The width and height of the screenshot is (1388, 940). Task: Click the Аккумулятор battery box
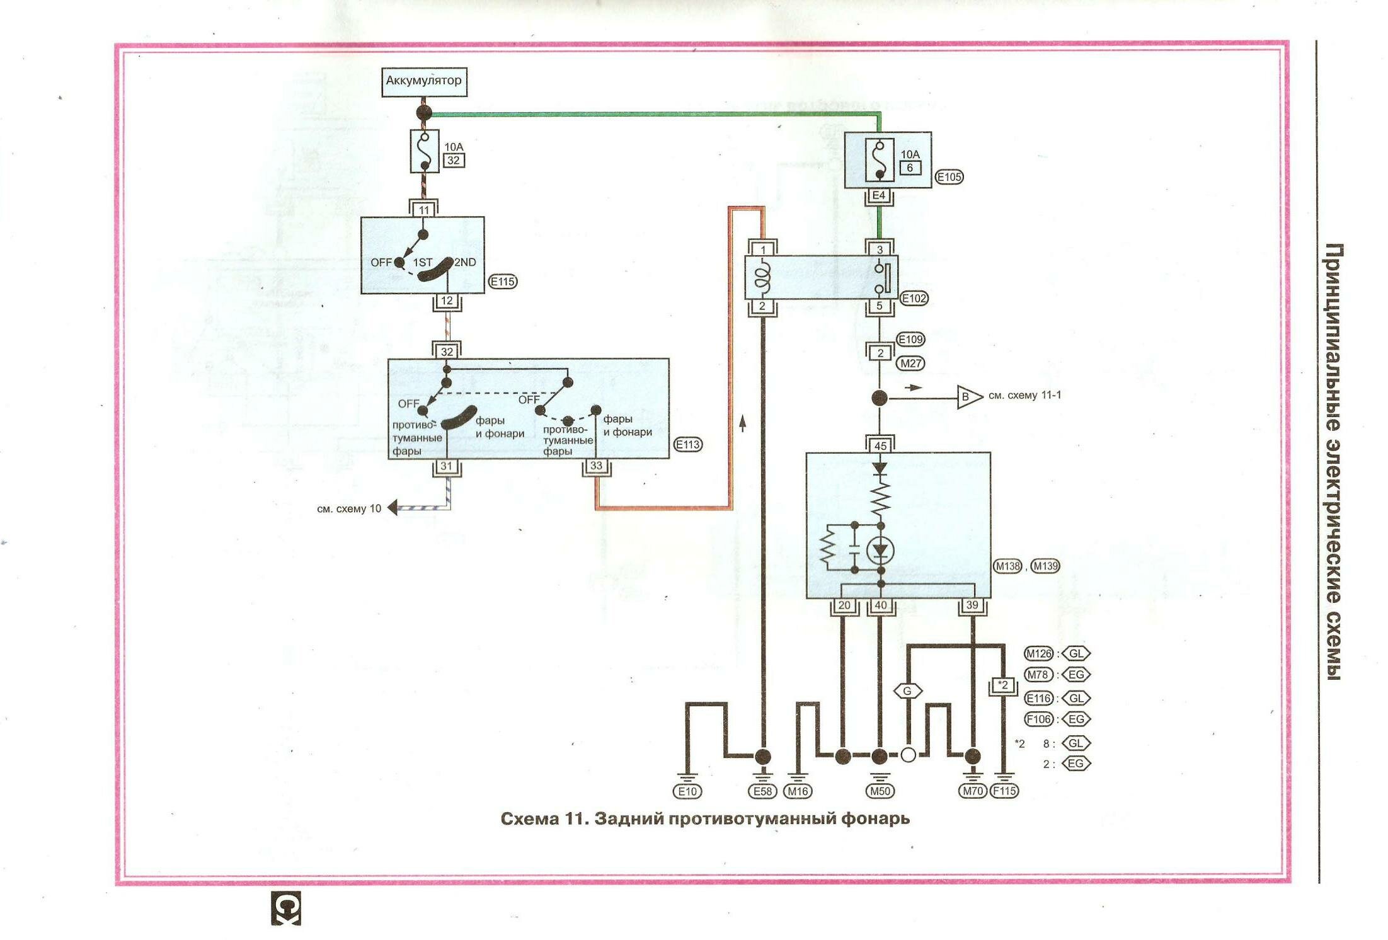pos(424,81)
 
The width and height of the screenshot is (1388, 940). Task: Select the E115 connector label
pos(503,282)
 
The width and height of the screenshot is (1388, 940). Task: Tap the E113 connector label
pos(687,444)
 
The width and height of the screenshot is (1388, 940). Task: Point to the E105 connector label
pos(949,177)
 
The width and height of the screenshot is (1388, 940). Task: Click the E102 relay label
pos(914,298)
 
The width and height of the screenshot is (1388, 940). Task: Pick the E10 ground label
pos(687,791)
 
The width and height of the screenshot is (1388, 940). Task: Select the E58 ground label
pos(762,791)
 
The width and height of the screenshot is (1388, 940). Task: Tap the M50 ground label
pos(880,791)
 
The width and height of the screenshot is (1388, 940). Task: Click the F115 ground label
pos(1004,791)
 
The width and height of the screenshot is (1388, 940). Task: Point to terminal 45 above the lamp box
pos(880,445)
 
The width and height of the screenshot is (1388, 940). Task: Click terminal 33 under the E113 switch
pos(596,466)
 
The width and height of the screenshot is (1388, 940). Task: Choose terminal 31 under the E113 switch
pos(447,466)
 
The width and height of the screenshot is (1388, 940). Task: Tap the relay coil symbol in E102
pos(763,278)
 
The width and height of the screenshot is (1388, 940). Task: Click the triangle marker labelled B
pos(968,397)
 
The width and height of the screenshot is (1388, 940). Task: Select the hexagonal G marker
pos(907,691)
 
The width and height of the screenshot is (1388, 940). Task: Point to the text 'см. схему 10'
pos(349,508)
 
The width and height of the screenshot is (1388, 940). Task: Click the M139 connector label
pos(1045,566)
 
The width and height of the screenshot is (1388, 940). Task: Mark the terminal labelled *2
pos(1003,685)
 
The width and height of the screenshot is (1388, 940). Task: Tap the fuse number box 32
pos(453,160)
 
